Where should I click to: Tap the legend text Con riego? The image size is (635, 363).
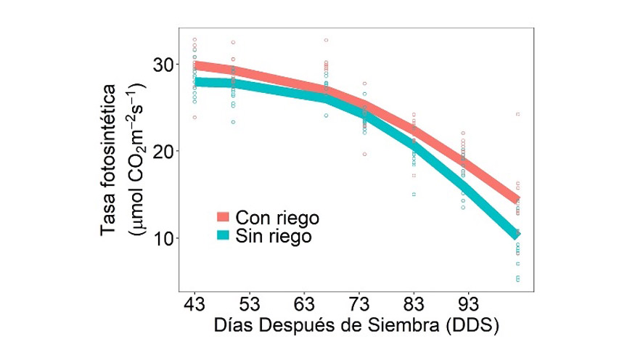[x=278, y=217]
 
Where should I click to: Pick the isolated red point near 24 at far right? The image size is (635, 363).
[x=517, y=114]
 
